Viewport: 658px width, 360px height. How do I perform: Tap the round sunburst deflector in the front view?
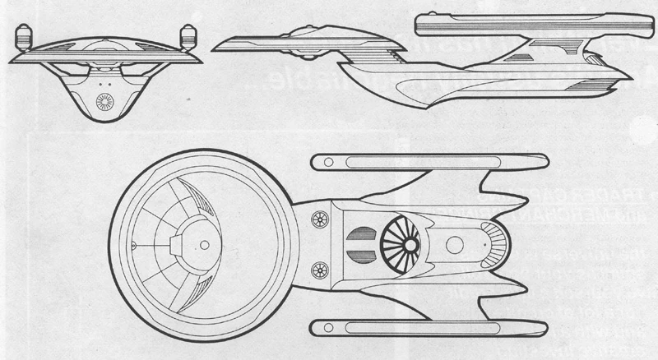click(x=106, y=101)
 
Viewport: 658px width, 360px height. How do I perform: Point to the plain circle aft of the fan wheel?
click(x=455, y=244)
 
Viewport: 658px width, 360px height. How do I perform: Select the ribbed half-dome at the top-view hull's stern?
click(x=494, y=243)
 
